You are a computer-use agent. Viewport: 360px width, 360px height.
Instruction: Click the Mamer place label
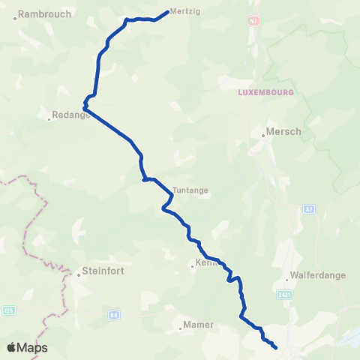point(200,325)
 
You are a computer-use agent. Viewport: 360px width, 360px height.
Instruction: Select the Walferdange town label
point(319,275)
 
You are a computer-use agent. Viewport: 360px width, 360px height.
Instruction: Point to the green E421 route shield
point(284,293)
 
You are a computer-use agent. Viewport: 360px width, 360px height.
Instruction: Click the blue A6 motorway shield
point(114,315)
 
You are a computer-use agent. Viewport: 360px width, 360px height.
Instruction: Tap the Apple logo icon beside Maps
point(13,347)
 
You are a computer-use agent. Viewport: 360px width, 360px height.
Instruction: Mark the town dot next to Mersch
point(263,136)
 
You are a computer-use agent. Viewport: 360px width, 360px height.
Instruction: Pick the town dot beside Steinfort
point(78,274)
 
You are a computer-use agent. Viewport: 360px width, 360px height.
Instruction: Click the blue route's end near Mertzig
point(166,11)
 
